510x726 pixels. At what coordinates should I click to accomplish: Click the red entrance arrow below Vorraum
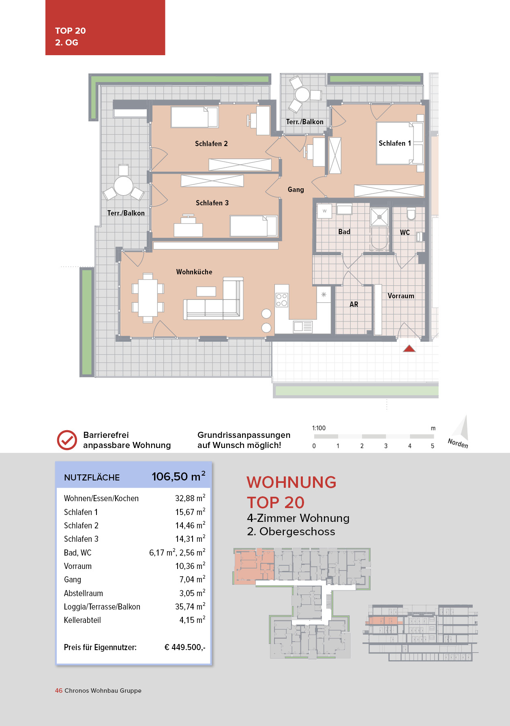coord(409,348)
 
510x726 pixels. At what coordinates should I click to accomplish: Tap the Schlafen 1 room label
coord(394,143)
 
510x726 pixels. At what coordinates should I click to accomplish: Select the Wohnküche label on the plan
coord(194,272)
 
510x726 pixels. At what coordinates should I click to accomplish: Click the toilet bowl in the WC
coord(411,214)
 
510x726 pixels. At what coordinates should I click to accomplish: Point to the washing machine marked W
coord(324,211)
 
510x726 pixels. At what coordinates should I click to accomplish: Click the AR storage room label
coord(354,304)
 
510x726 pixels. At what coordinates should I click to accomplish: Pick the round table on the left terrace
coord(123,186)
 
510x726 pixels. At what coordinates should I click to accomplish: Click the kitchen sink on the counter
coord(302,327)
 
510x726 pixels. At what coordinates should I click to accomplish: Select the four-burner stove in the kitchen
coord(282,300)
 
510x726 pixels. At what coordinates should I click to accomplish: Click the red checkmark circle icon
coord(67,440)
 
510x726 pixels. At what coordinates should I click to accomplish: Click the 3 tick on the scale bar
coord(386,446)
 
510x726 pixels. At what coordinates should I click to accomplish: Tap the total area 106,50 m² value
coord(178,476)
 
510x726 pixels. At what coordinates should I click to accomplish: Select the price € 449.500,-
coord(185,647)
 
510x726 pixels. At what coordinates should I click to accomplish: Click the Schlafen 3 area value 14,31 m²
coord(190,539)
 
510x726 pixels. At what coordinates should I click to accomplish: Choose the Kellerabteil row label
coord(82,620)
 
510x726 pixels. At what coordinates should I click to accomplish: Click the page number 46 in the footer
coord(59,691)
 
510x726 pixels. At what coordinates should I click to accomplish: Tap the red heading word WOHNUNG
coord(291,482)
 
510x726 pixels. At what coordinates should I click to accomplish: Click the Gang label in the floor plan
coord(296,190)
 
